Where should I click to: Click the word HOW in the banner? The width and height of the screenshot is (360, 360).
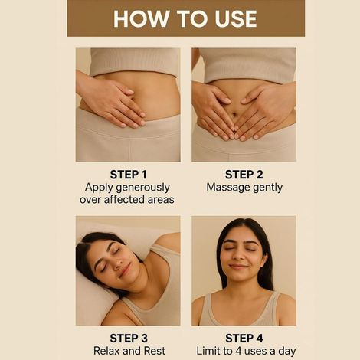pos(141,18)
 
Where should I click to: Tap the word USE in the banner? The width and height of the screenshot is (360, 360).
pos(236,18)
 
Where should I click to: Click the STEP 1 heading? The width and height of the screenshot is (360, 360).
pos(129,175)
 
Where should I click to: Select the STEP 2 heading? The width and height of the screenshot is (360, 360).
pos(244,175)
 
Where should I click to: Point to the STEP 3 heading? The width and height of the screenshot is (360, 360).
pos(129,339)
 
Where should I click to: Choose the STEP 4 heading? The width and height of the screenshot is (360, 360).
pos(244,339)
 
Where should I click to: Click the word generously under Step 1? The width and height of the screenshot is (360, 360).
pos(146,188)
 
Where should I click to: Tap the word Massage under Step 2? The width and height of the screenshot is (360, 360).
pos(224,188)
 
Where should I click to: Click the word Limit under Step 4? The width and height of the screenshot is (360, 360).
pos(207,351)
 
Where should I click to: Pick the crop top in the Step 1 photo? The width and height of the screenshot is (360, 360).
pos(135,62)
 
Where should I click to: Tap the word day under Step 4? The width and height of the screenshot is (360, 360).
pos(287,352)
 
